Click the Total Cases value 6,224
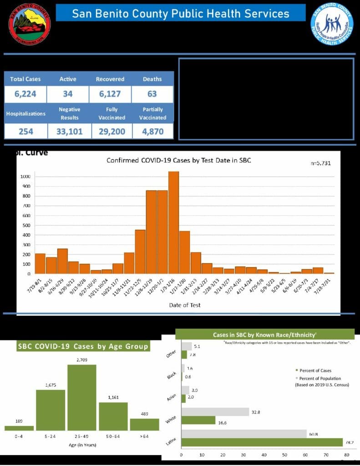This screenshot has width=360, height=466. click(x=25, y=95)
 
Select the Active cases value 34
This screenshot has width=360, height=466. click(x=68, y=95)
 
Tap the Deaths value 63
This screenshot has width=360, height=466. click(x=152, y=94)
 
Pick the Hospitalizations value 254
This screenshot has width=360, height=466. click(x=25, y=132)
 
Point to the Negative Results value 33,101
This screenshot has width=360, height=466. click(x=69, y=132)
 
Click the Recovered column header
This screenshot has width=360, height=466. click(x=110, y=79)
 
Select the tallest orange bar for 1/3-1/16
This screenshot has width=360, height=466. click(x=173, y=223)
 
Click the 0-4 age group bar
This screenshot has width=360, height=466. click(x=19, y=428)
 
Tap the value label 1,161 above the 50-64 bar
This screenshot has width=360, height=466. click(x=113, y=397)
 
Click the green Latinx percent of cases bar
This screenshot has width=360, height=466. click(x=262, y=442)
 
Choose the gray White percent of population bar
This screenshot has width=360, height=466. click(x=215, y=412)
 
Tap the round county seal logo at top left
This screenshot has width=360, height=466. click(x=30, y=24)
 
